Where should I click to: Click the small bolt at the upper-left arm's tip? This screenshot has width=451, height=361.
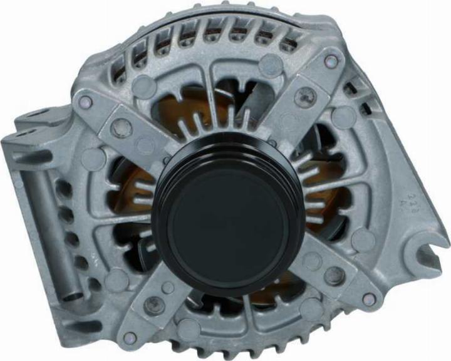coord(86,102)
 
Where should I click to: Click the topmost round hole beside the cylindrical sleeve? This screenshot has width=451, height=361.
coord(59,185)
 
